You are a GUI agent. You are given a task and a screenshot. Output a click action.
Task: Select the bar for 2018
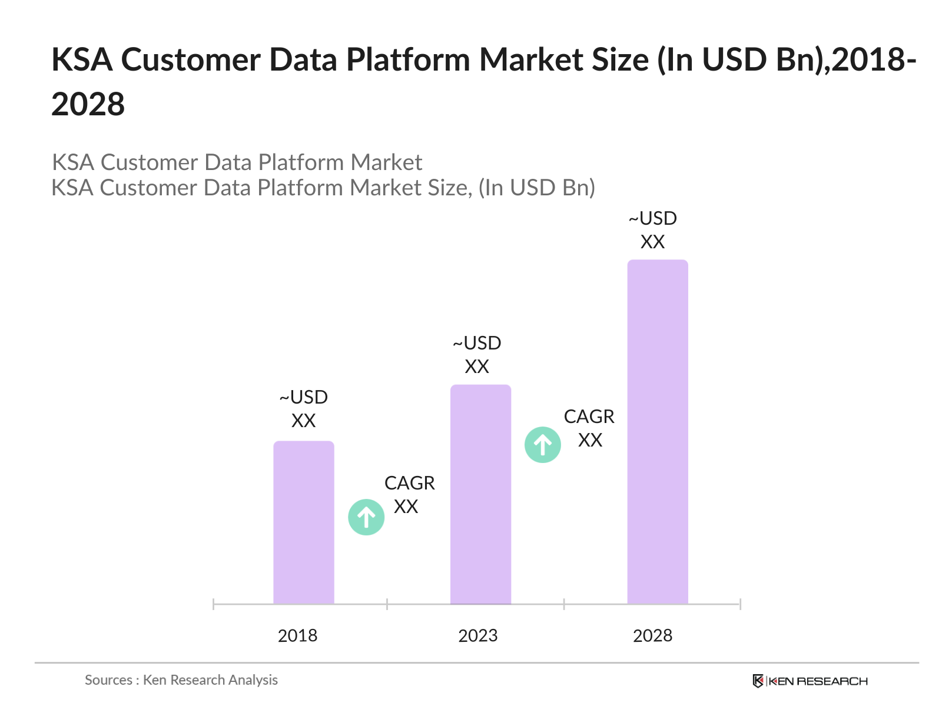point(303,522)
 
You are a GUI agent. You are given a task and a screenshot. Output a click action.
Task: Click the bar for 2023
point(480,494)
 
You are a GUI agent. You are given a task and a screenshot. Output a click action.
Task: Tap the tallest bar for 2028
point(657,432)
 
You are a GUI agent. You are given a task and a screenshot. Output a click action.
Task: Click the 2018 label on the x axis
point(297,635)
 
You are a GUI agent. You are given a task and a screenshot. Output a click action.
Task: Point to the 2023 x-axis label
point(477,635)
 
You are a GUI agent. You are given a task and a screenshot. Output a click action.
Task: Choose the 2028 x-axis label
point(652,635)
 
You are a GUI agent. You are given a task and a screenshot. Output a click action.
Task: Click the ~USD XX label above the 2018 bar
point(303,409)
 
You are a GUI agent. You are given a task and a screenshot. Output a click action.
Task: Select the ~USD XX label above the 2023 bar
point(477,355)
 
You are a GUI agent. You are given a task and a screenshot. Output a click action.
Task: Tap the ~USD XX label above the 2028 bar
point(652,230)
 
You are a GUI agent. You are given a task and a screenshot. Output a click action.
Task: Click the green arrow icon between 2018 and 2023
point(366,517)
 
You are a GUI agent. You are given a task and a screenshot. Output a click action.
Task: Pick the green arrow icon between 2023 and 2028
point(542,445)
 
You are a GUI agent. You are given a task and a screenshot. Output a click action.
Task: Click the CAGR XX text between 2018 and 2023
point(409,494)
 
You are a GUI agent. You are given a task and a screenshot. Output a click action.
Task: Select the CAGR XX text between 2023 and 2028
point(589,428)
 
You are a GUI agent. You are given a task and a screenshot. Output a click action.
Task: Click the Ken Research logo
point(810,681)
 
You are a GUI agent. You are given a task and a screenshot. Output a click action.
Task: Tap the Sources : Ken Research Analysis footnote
point(181,680)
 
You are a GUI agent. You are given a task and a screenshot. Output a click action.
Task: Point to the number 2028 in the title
point(88,105)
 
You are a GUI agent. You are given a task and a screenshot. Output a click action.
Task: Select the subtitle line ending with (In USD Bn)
point(323,188)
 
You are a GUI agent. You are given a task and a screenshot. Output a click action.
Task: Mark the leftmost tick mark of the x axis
point(214,604)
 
